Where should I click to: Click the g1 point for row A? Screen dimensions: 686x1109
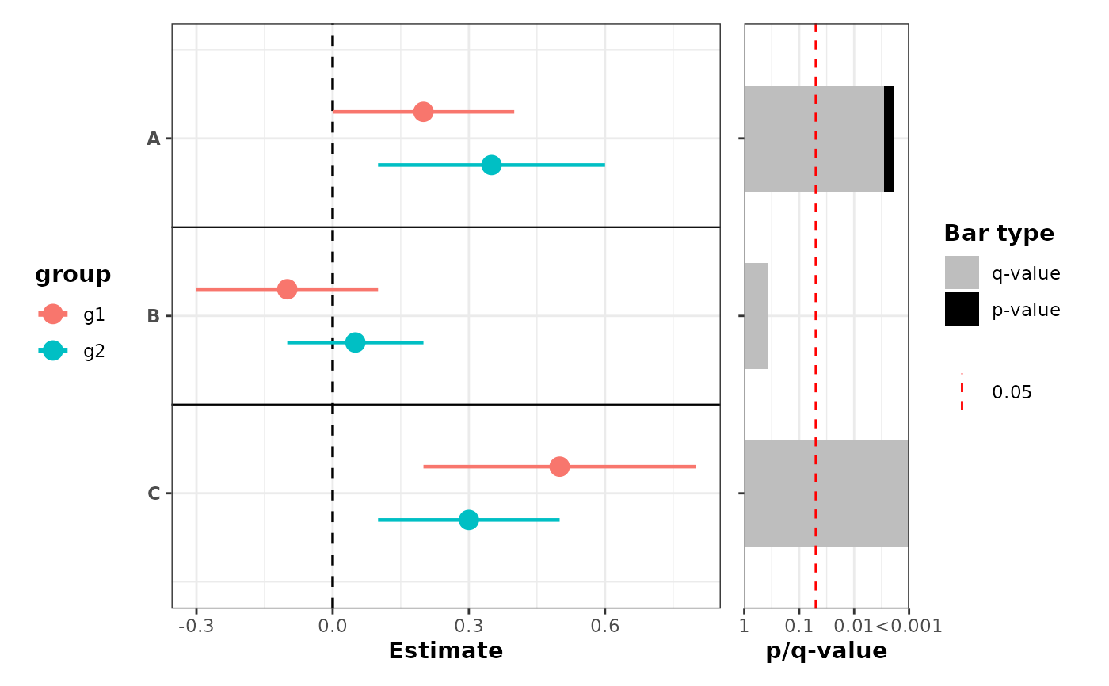(x=423, y=112)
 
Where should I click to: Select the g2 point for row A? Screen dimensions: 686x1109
(x=491, y=165)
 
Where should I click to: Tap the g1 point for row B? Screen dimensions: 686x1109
(x=287, y=289)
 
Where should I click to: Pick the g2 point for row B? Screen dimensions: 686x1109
(x=355, y=342)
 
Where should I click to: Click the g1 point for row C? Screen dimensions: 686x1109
(x=559, y=467)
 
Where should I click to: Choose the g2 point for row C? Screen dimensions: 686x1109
(x=468, y=520)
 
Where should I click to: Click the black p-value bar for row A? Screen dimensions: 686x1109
(x=889, y=139)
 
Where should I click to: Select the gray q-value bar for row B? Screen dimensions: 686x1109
(x=756, y=316)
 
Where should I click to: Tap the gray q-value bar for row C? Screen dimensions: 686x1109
(x=826, y=494)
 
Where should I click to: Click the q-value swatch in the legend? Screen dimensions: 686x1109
(x=962, y=272)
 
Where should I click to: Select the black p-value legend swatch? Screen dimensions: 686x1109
(x=962, y=309)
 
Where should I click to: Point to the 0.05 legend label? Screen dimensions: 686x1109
(x=1012, y=392)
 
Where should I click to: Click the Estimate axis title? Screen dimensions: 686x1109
(x=445, y=651)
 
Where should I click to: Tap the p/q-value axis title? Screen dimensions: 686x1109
(x=826, y=651)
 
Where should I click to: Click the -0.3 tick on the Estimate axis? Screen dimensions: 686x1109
(x=196, y=627)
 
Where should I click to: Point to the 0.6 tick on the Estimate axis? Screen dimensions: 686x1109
(x=604, y=627)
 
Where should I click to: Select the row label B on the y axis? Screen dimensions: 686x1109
(x=154, y=316)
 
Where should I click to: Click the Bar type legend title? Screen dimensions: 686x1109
(x=999, y=234)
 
